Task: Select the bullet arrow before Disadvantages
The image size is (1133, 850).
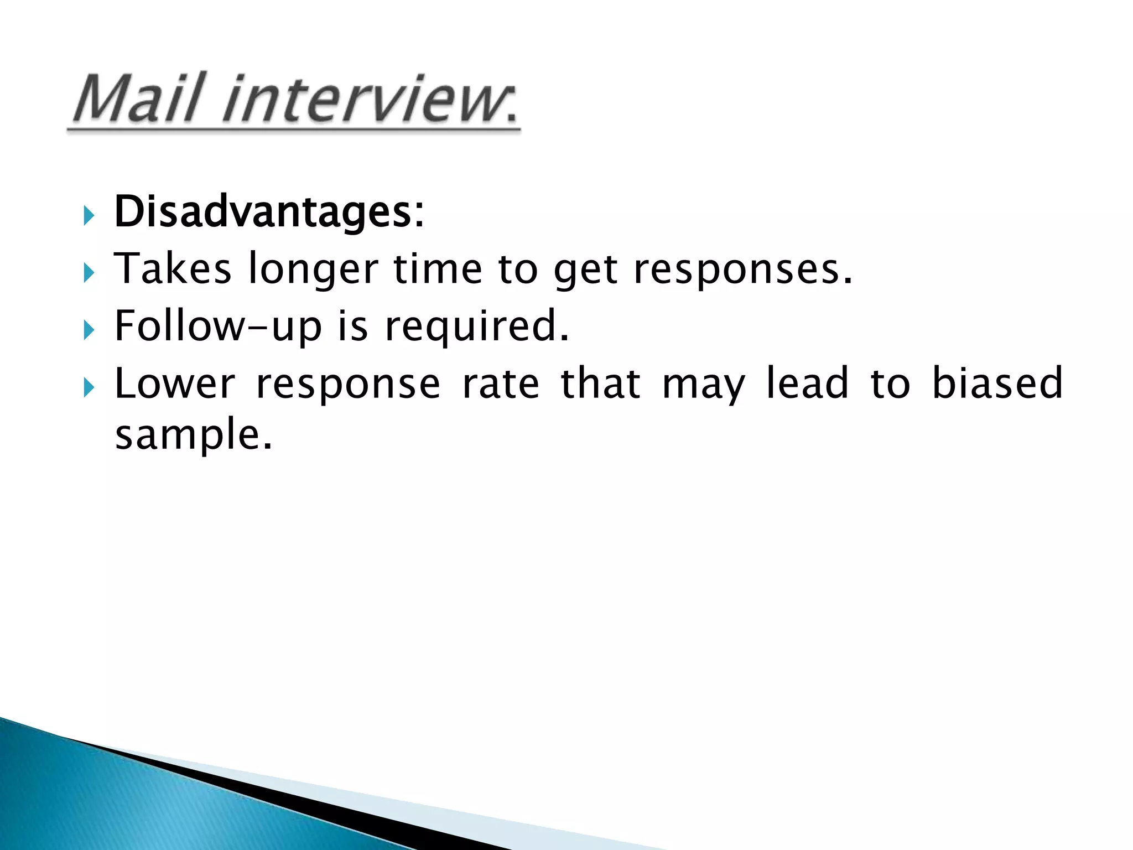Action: pos(89,215)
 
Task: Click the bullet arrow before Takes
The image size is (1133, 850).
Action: pos(89,273)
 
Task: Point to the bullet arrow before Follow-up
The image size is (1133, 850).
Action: pos(89,330)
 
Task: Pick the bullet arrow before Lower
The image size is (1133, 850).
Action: pos(89,388)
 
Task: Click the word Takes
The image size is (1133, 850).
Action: pos(173,269)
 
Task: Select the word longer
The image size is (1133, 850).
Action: pos(313,270)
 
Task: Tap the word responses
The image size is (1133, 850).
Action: pos(742,270)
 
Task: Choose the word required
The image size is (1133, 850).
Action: pos(477,326)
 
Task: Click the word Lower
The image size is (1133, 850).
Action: pos(175,383)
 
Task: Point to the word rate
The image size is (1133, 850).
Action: pos(500,383)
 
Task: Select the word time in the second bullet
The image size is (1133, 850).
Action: pos(438,269)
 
